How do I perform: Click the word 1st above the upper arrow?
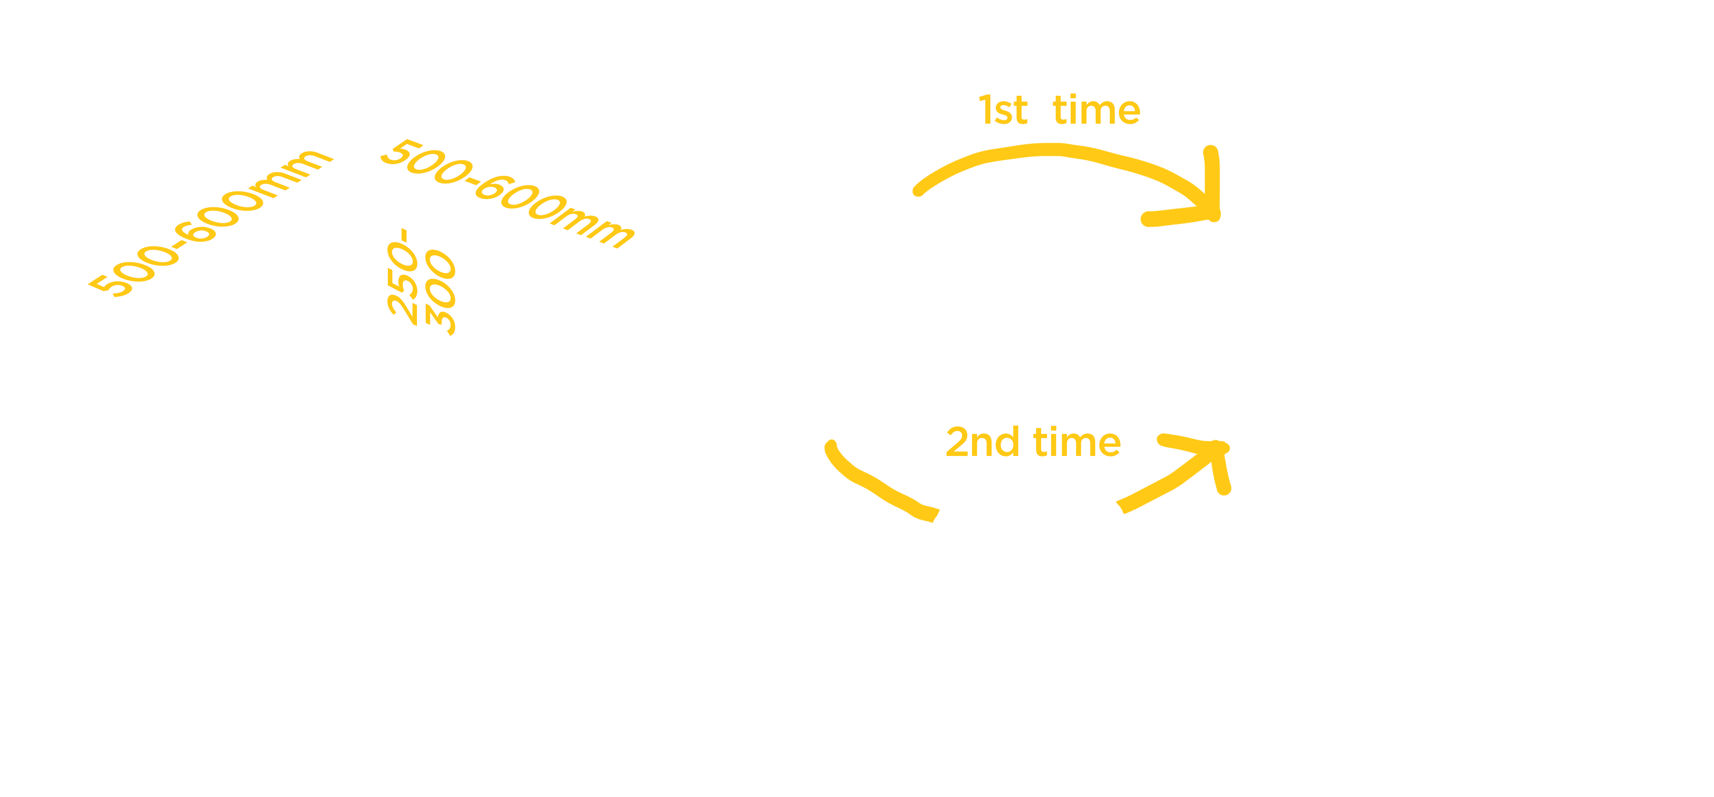[1003, 110]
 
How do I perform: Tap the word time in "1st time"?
[1096, 110]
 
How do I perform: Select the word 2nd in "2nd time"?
[982, 442]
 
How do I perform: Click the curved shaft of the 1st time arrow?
[1051, 150]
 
